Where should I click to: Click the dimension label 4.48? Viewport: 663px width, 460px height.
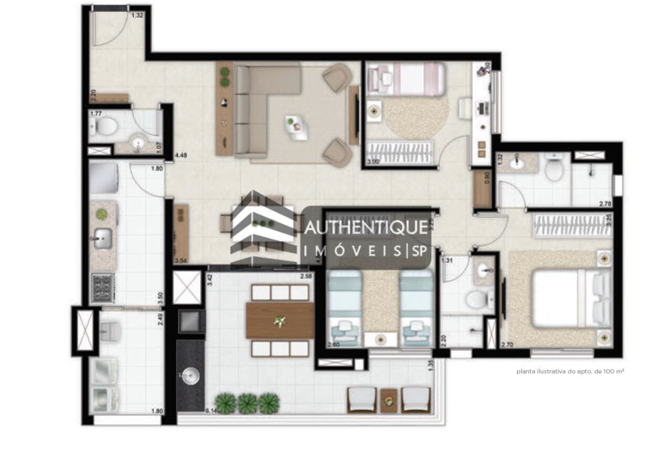(x=180, y=155)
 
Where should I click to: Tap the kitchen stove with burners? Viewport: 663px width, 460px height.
(x=102, y=288)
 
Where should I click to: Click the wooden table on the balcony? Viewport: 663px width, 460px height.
(x=280, y=320)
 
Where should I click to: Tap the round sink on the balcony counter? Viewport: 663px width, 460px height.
(x=190, y=375)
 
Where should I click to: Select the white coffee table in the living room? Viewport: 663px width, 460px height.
(x=297, y=127)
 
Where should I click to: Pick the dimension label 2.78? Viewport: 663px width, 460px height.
(x=605, y=204)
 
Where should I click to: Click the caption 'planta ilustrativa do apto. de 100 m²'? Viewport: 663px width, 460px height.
(x=570, y=371)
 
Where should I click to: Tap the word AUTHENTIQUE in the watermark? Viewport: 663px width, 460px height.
(x=366, y=228)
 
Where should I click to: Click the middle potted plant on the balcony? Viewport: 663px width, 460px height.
(x=247, y=403)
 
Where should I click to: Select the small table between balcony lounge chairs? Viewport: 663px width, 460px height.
(x=389, y=400)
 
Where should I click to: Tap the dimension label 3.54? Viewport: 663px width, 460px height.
(x=180, y=260)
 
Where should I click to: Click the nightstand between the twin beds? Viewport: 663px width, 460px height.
(x=381, y=339)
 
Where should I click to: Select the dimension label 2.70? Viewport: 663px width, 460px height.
(x=507, y=345)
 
